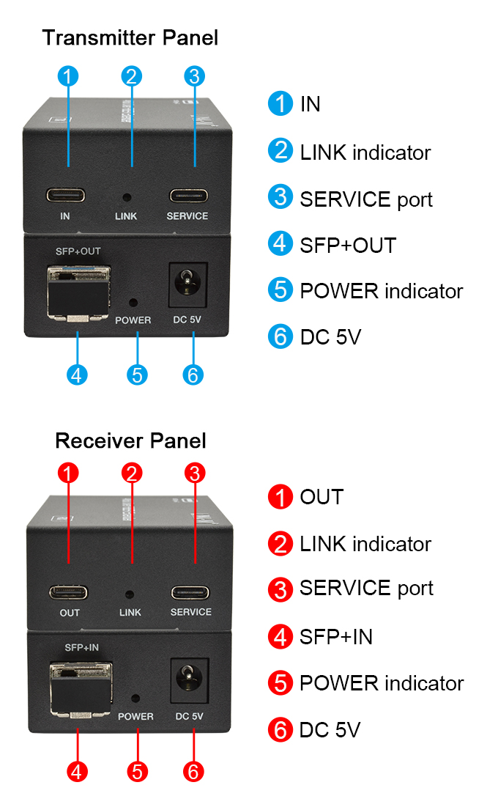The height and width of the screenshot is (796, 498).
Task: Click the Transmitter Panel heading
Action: (130, 37)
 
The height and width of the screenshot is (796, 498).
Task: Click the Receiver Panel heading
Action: (130, 441)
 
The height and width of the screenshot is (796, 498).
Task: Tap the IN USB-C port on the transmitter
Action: (66, 196)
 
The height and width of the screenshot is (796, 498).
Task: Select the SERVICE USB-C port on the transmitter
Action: (188, 196)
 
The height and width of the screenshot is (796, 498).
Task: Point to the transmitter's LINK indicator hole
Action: (127, 196)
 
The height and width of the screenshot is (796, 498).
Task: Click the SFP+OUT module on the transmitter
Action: (77, 292)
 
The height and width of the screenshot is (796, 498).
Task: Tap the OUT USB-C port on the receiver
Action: (69, 592)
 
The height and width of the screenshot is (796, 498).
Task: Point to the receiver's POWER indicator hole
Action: (135, 699)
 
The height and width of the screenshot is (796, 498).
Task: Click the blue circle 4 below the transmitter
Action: (77, 375)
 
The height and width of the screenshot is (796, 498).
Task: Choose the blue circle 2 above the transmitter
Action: (132, 75)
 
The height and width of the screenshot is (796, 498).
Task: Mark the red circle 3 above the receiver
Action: (193, 473)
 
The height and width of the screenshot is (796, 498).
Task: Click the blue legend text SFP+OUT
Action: (348, 245)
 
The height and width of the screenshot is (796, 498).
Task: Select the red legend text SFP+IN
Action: (336, 636)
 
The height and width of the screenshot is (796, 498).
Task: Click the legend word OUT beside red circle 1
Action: (322, 497)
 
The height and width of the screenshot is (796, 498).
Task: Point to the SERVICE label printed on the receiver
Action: (191, 612)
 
